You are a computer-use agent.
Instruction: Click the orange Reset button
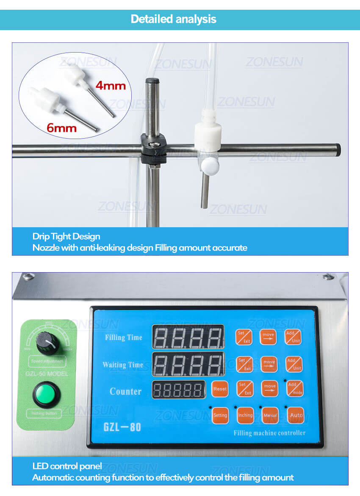[x=220, y=389]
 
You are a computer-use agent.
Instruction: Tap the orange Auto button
[x=296, y=415]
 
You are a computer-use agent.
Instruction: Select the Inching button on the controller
[x=245, y=415]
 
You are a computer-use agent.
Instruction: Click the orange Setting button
[x=220, y=415]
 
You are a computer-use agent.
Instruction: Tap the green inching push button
[x=47, y=393]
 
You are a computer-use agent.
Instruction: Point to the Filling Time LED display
[x=188, y=337]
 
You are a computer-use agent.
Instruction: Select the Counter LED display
[x=178, y=389]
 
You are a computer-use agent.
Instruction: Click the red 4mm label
[x=111, y=85]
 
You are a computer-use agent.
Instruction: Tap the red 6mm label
[x=62, y=128]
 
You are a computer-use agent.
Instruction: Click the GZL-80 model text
[x=122, y=426]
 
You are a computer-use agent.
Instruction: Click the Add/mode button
[x=294, y=389]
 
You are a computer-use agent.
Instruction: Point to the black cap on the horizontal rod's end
[x=338, y=150]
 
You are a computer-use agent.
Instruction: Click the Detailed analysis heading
[x=174, y=19]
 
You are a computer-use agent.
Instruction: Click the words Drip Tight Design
[x=66, y=237]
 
